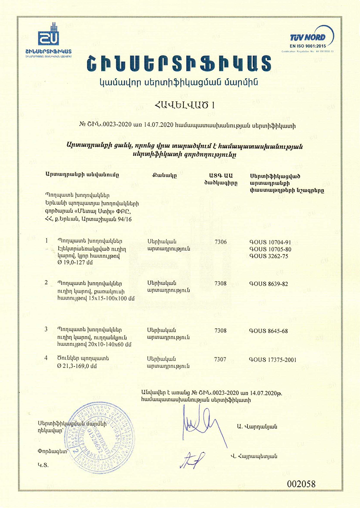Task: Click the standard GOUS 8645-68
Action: pos(269,331)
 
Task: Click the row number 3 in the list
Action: pos(46,330)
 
